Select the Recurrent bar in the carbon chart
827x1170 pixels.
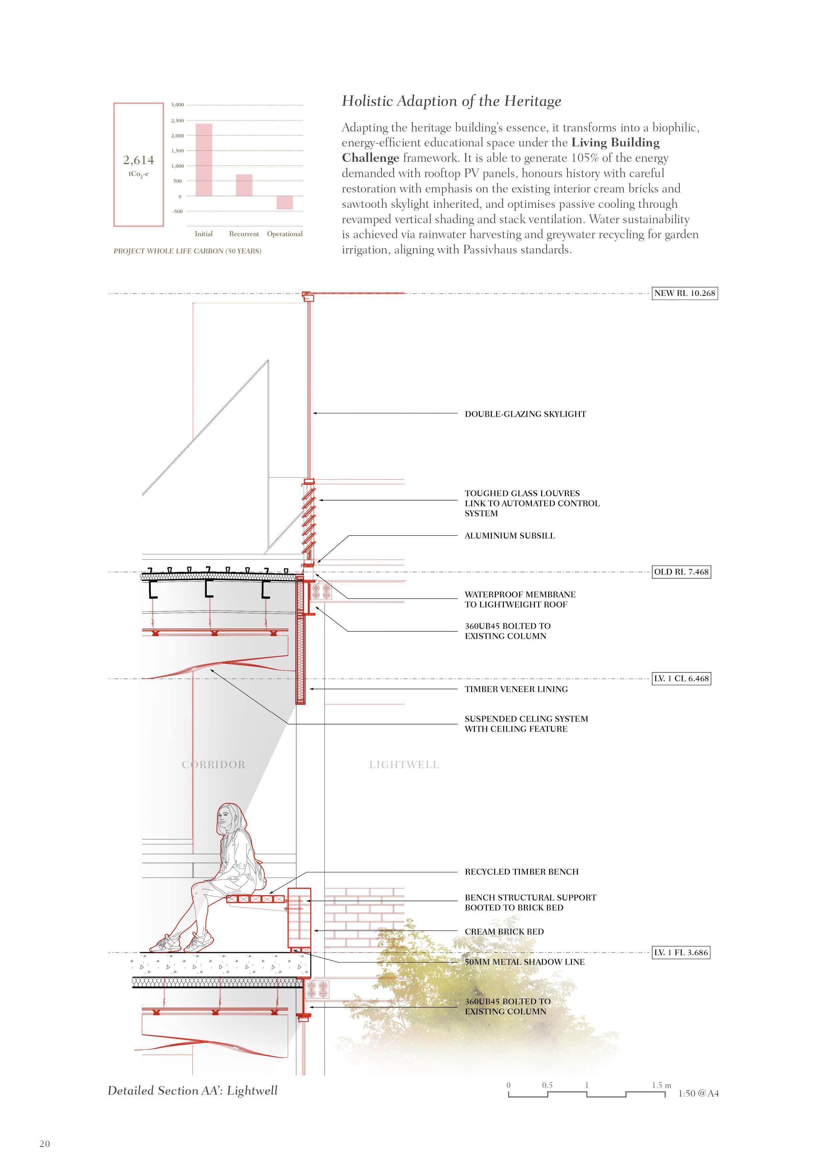coord(244,185)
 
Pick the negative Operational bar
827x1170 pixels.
coord(285,202)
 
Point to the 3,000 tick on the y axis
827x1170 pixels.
coord(177,105)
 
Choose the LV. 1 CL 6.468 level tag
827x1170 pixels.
coord(681,678)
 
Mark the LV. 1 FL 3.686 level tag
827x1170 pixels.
coord(681,953)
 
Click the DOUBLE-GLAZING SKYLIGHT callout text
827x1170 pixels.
coord(525,414)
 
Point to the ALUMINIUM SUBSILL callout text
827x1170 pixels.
coord(510,536)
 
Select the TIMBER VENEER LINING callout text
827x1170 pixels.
coord(516,689)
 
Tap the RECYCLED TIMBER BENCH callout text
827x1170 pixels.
coord(521,872)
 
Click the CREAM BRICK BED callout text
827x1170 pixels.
coord(504,932)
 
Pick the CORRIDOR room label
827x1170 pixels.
coord(213,764)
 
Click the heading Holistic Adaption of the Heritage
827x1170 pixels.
coord(451,101)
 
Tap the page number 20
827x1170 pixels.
coord(45,1144)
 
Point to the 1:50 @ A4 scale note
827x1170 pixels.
coord(698,1094)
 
